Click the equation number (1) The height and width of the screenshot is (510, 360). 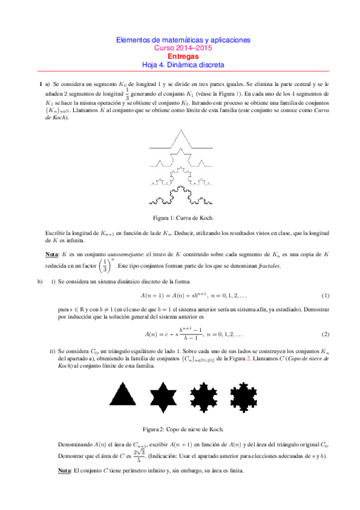click(x=325, y=296)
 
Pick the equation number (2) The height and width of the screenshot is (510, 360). click(x=325, y=334)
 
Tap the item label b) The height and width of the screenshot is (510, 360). click(x=40, y=281)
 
